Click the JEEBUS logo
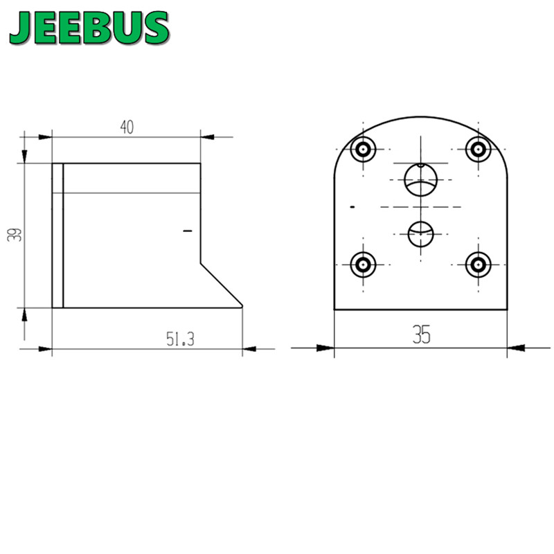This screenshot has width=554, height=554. pyautogui.click(x=89, y=28)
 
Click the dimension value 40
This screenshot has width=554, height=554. pyautogui.click(x=127, y=127)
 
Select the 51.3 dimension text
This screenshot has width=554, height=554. pyautogui.click(x=180, y=339)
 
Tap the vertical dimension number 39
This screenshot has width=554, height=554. pyautogui.click(x=15, y=235)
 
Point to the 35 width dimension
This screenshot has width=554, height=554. pyautogui.click(x=421, y=334)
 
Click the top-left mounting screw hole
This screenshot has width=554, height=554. pyautogui.click(x=363, y=150)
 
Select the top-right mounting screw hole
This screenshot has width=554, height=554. pyautogui.click(x=479, y=150)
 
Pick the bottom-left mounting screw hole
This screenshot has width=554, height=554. pyautogui.click(x=363, y=265)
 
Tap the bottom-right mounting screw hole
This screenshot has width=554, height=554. pyautogui.click(x=479, y=265)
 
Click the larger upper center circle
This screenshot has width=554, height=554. pyautogui.click(x=420, y=180)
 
